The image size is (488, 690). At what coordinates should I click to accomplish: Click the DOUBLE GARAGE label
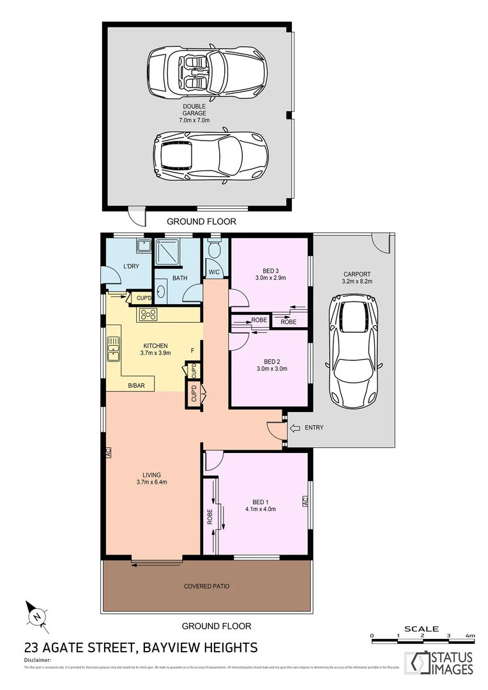pos(194,113)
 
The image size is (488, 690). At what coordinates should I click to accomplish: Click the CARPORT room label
pos(356,276)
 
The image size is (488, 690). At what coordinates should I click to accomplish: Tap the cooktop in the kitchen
pos(148,314)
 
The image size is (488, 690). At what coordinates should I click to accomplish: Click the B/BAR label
pos(135,385)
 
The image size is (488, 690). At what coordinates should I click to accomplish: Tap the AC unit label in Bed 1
pos(305,502)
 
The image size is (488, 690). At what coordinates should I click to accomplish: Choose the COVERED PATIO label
pos(206,586)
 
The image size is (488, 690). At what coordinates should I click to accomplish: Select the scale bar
pos(422,636)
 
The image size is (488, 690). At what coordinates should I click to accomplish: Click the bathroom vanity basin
pos(161,291)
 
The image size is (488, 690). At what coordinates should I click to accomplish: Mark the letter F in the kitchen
pos(192,351)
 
